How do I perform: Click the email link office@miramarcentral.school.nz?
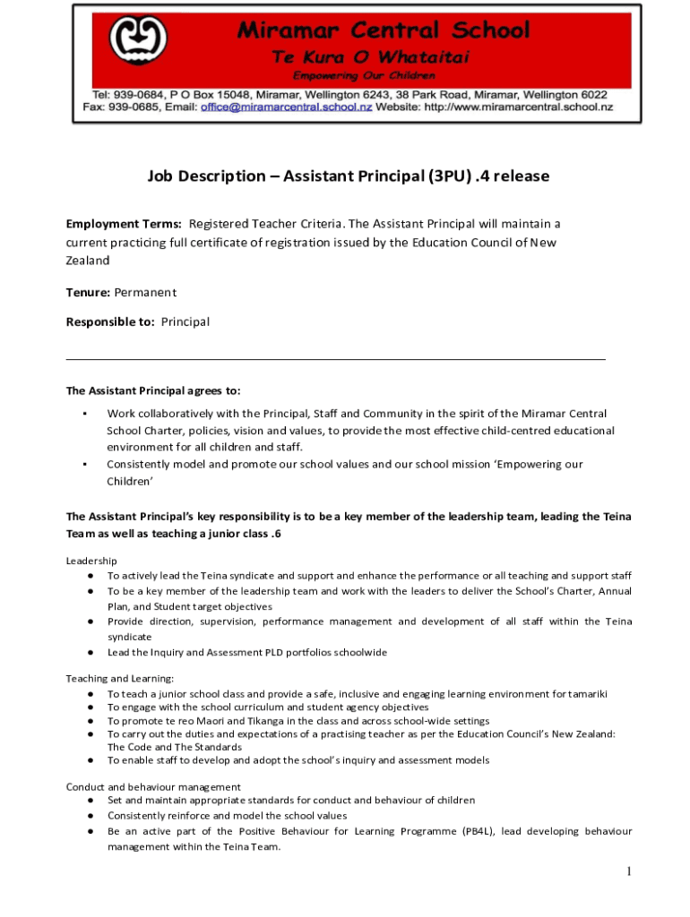pyautogui.click(x=298, y=107)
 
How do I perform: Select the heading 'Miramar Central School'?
pyautogui.click(x=384, y=30)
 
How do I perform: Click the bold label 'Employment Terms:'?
pyautogui.click(x=124, y=223)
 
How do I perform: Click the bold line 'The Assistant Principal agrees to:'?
pyautogui.click(x=153, y=390)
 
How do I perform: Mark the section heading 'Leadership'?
pyautogui.click(x=91, y=561)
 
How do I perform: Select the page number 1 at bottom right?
pyautogui.click(x=630, y=871)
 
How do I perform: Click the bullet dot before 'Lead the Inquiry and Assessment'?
pyautogui.click(x=91, y=652)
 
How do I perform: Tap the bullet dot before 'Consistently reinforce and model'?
pyautogui.click(x=91, y=816)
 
